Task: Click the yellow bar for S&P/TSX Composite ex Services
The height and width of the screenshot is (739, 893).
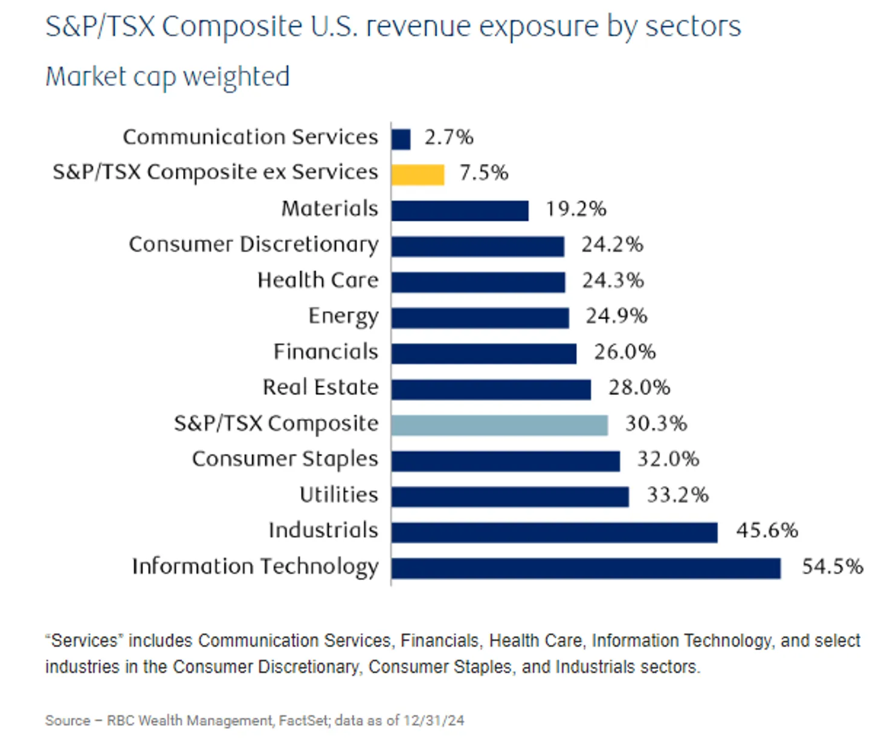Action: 417,175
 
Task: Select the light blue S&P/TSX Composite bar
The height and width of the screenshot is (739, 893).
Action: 499,425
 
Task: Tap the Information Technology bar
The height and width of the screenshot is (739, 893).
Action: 585,568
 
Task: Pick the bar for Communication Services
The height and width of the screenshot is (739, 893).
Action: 401,139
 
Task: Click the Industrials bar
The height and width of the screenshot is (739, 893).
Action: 554,532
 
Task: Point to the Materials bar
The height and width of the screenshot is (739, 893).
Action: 460,210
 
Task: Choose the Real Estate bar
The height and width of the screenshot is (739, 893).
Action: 491,389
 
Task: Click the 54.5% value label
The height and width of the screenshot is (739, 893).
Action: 832,567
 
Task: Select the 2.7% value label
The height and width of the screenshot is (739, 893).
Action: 448,137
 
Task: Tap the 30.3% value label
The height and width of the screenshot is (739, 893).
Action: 656,423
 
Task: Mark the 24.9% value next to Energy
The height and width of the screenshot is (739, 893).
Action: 616,316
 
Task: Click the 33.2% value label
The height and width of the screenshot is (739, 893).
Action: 677,495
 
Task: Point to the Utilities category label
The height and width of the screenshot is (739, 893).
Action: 338,495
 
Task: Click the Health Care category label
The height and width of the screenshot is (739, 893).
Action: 318,280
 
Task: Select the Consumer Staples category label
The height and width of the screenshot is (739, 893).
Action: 285,459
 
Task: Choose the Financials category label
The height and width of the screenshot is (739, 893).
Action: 326,351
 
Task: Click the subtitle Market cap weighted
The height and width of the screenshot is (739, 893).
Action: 167,77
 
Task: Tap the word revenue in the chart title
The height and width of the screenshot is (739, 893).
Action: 419,27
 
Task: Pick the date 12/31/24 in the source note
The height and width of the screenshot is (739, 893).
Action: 434,720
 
